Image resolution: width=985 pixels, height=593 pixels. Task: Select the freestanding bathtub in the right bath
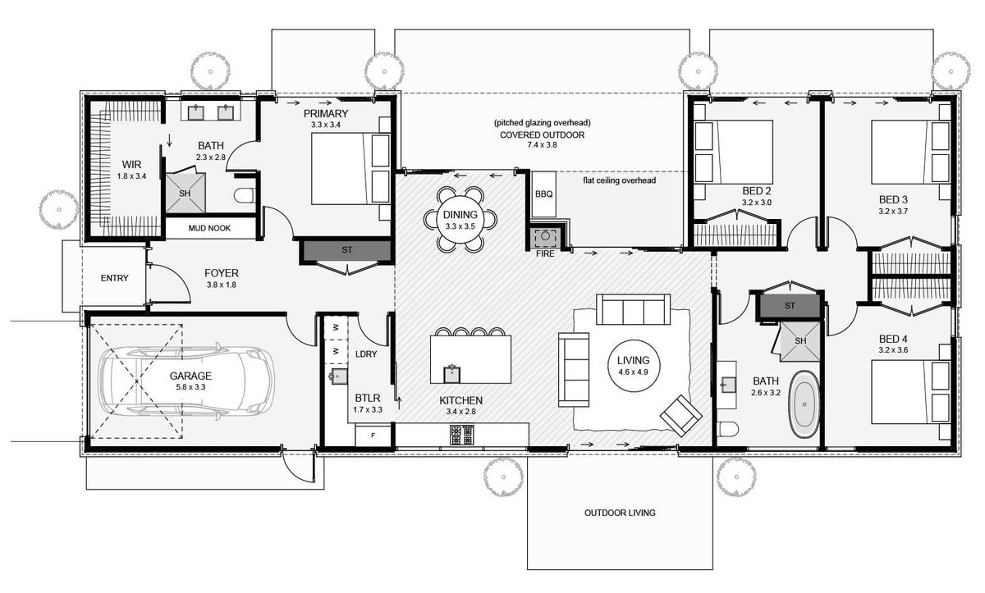[x=804, y=405]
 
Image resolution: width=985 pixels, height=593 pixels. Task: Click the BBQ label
[x=543, y=194]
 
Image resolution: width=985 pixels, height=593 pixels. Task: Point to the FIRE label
[x=545, y=254]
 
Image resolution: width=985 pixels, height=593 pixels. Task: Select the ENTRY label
[x=114, y=278]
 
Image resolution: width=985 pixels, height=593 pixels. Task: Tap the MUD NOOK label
[x=210, y=228]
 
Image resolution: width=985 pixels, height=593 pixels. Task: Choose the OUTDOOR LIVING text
[x=620, y=513]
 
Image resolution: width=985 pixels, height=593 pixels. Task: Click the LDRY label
[x=365, y=354]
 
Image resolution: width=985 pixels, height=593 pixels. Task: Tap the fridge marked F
[x=373, y=435]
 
